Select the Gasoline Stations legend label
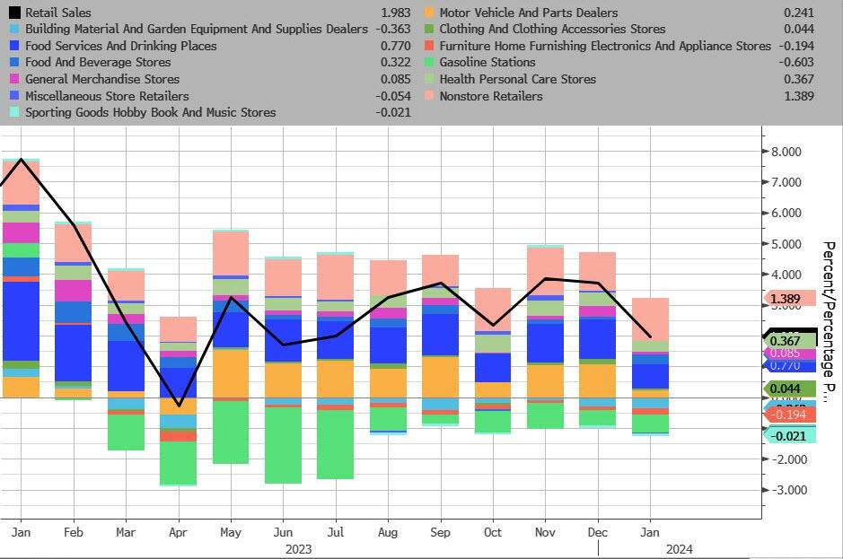coord(487,62)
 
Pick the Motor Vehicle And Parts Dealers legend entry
coord(528,13)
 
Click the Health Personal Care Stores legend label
coord(517,79)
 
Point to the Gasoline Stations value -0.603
coord(796,62)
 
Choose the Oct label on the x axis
coord(493,532)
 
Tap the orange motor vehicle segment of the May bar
coord(231,372)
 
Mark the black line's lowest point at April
coord(180,406)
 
